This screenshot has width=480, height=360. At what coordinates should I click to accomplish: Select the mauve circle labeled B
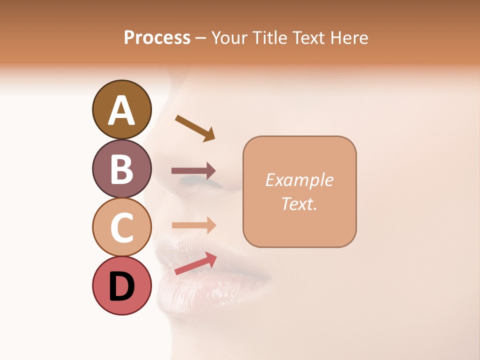(121, 168)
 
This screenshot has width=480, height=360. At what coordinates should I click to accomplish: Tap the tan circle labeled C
(121, 227)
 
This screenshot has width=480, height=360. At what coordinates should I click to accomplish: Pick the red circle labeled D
(121, 285)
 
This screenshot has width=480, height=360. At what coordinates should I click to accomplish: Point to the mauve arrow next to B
(193, 171)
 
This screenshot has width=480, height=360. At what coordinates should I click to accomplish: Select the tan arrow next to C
(193, 225)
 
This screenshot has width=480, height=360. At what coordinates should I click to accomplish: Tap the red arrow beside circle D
(195, 263)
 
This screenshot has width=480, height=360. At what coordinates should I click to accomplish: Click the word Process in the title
(157, 37)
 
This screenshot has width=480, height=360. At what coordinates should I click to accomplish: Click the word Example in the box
(299, 180)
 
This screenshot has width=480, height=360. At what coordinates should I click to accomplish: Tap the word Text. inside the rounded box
(299, 203)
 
